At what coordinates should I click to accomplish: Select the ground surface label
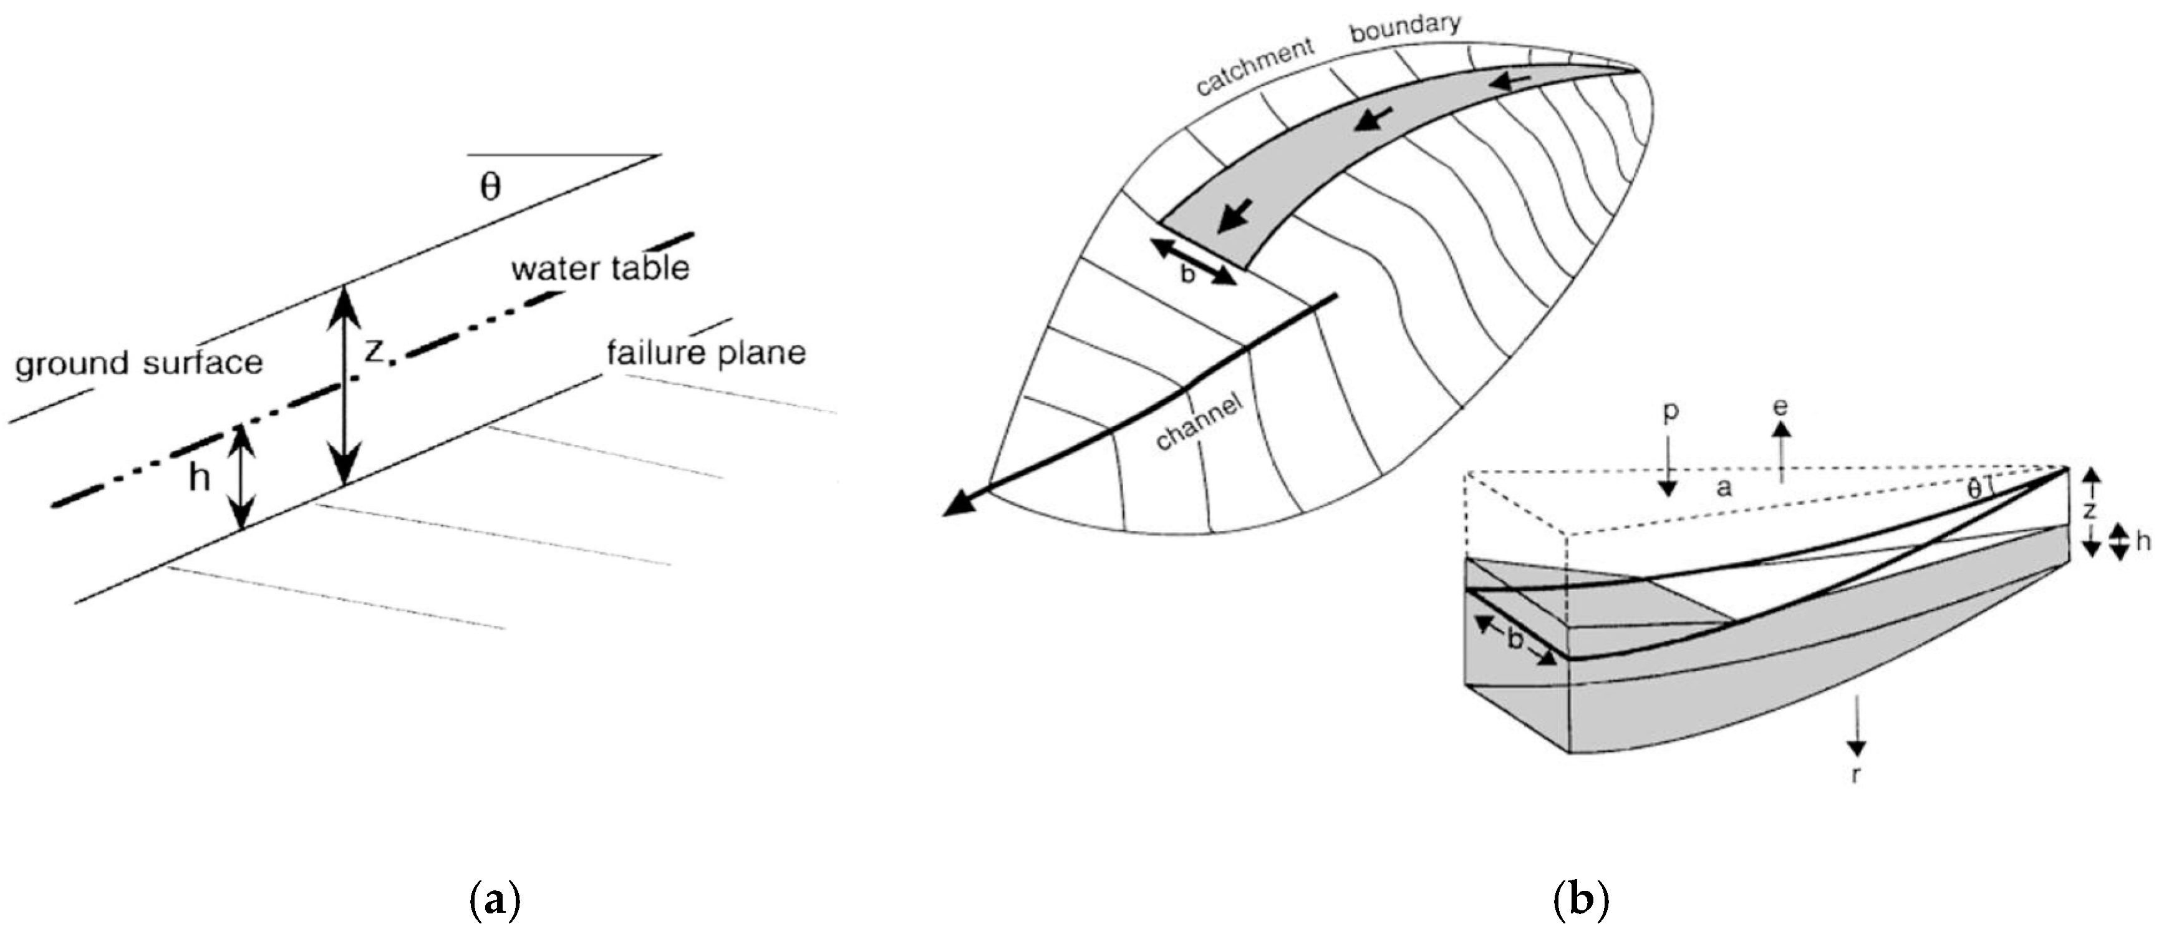point(139,363)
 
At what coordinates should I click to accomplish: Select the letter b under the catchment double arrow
point(1187,275)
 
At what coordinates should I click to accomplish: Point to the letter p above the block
point(1671,411)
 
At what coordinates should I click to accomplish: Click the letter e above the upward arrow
point(1780,407)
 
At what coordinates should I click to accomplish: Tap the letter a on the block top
point(1724,487)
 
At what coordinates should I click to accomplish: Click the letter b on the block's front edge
point(1515,641)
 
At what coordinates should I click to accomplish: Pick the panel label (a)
point(493,901)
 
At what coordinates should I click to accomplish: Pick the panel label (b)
point(1580,901)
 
